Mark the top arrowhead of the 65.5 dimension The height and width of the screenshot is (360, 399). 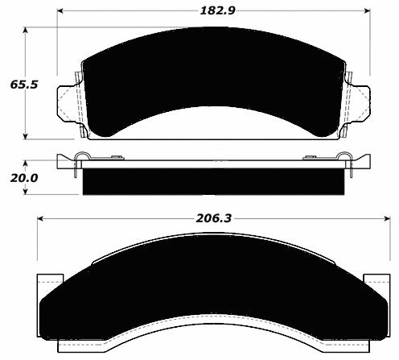coord(27,31)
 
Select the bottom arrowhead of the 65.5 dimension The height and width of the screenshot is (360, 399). coord(27,135)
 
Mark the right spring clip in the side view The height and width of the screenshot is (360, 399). coord(344,158)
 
